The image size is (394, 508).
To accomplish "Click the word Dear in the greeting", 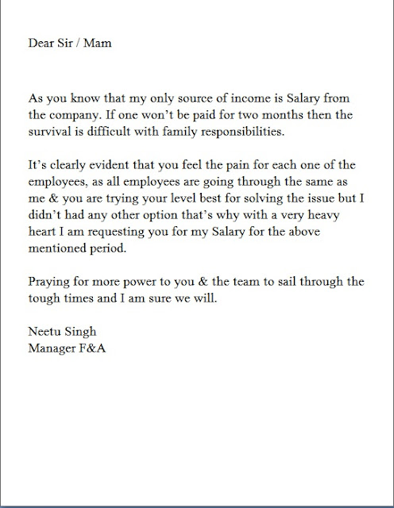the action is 41,43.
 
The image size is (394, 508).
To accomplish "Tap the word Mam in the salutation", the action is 98,43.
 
